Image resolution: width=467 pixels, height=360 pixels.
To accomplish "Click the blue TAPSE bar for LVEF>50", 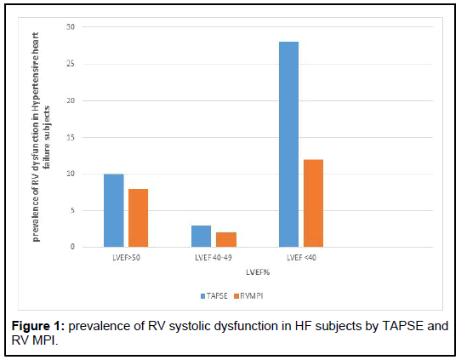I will click(x=113, y=210).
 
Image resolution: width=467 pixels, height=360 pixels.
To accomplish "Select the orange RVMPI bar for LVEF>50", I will click(x=137, y=218).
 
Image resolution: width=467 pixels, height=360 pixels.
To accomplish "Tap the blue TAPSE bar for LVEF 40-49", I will click(x=201, y=236).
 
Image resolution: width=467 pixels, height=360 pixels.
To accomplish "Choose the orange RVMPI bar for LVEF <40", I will click(x=313, y=203).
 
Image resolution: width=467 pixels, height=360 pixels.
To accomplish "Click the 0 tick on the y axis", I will click(x=73, y=247).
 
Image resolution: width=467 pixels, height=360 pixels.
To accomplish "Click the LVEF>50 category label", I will click(x=125, y=256).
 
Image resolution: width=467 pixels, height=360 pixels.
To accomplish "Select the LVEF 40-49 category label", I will click(x=213, y=256).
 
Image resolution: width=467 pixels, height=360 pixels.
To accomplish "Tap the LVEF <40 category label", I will click(x=300, y=256).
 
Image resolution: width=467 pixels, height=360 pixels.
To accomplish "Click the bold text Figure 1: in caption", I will click(x=43, y=327).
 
